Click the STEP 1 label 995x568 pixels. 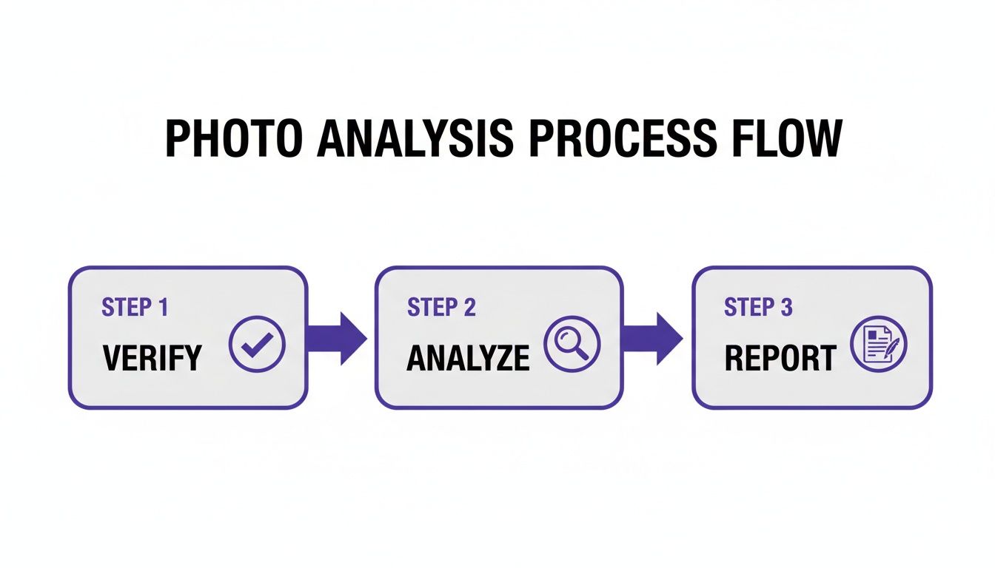tap(135, 308)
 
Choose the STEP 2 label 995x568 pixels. tap(441, 308)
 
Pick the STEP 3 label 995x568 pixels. tap(758, 308)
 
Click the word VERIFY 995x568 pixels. tap(152, 359)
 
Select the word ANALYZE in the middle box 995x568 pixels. tap(468, 359)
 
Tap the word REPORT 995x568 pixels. tap(780, 359)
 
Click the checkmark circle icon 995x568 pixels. tap(257, 343)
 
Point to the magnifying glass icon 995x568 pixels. tap(572, 344)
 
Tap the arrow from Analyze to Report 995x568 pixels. tap(652, 338)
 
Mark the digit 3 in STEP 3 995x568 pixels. tap(786, 308)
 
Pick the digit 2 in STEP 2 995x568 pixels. tap(469, 308)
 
